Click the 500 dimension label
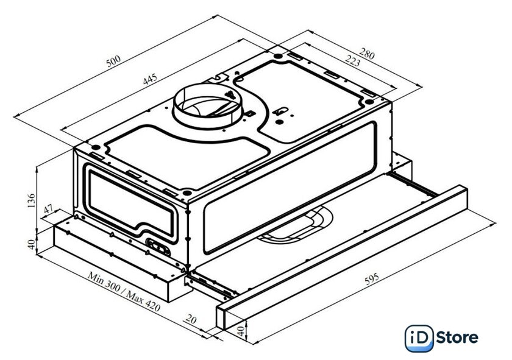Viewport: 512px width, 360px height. point(113,61)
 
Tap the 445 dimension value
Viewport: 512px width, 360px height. point(150,79)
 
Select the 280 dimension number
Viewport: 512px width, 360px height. point(367,54)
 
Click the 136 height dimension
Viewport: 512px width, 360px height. point(31,201)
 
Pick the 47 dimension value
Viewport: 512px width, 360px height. point(48,209)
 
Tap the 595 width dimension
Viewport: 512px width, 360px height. point(372,278)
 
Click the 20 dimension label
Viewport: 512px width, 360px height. point(191,319)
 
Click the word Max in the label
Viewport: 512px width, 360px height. point(135,297)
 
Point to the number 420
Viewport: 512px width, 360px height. point(152,306)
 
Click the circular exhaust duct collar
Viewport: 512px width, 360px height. point(208,104)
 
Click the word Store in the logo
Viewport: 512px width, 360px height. point(457,337)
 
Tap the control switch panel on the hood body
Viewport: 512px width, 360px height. point(158,247)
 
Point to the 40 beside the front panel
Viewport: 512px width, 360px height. point(241,332)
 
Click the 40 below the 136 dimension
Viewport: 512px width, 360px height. point(31,244)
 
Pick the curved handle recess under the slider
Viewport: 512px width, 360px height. point(296,225)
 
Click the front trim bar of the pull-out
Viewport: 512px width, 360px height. point(342,257)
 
